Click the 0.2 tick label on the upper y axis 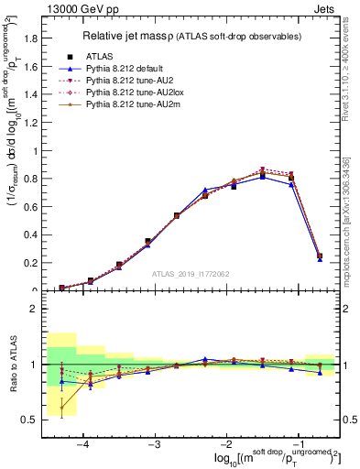click(x=34, y=263)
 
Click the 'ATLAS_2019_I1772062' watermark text click(x=192, y=273)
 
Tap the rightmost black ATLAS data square click(x=319, y=256)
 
